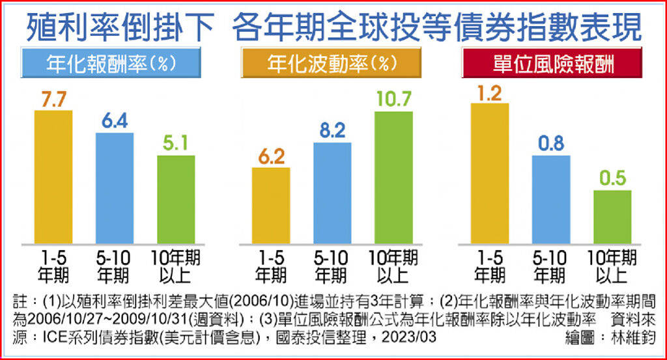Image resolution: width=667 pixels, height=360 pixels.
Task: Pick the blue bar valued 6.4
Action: click(115, 188)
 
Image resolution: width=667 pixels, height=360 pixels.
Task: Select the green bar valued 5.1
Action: click(176, 199)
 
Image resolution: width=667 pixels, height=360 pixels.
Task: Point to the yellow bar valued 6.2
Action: click(271, 206)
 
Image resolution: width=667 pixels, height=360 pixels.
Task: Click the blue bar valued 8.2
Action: click(332, 193)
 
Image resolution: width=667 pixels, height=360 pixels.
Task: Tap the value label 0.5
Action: click(612, 177)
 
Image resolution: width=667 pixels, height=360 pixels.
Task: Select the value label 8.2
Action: click(332, 130)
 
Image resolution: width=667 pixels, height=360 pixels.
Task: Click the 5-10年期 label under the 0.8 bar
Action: click(550, 266)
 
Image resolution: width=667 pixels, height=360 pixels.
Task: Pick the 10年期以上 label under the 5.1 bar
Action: click(176, 266)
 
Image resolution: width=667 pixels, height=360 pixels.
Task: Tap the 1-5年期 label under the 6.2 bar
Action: click(271, 266)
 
